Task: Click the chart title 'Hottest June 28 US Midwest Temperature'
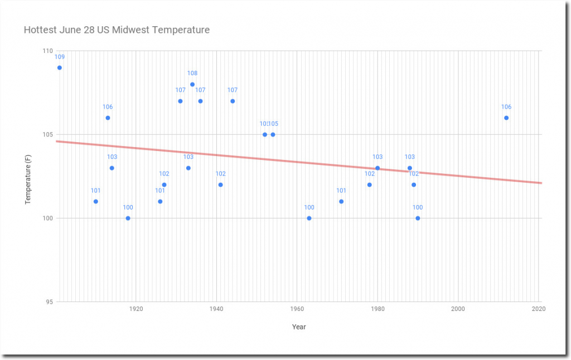pyautogui.click(x=117, y=30)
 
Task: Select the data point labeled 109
pyautogui.click(x=60, y=67)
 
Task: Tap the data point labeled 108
pyautogui.click(x=192, y=84)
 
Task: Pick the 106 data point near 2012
pyautogui.click(x=506, y=118)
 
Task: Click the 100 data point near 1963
pyautogui.click(x=309, y=218)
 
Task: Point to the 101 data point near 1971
pyautogui.click(x=341, y=201)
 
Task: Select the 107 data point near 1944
pyautogui.click(x=233, y=101)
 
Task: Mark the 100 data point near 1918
pyautogui.click(x=128, y=218)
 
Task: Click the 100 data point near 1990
pyautogui.click(x=418, y=218)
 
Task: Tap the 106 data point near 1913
pyautogui.click(x=108, y=118)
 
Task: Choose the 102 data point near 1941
pyautogui.click(x=220, y=184)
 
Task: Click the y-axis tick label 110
pyautogui.click(x=47, y=51)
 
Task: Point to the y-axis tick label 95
pyautogui.click(x=49, y=301)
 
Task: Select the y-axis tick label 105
pyautogui.click(x=47, y=134)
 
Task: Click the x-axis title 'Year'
pyautogui.click(x=299, y=327)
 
